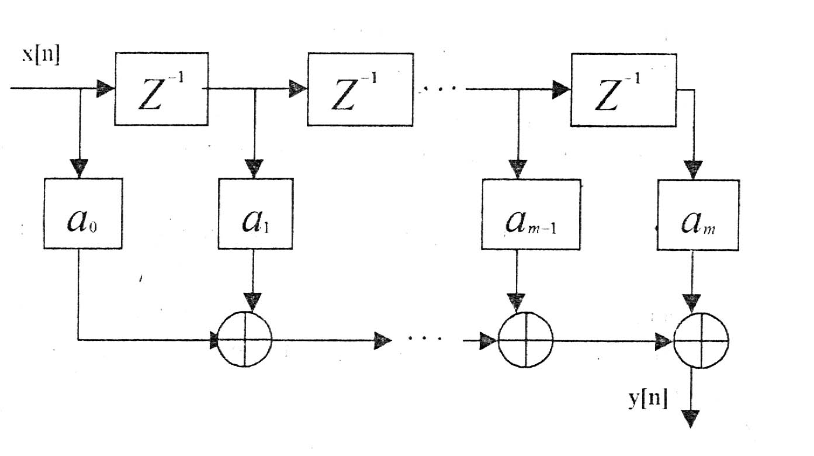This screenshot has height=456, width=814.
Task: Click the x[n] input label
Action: [x=41, y=57]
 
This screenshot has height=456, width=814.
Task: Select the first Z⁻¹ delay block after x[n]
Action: [x=161, y=89]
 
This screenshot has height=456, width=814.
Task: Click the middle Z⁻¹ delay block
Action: [x=360, y=89]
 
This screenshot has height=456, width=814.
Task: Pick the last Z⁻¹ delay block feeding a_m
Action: [x=624, y=89]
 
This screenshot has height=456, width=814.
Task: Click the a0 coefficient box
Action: [x=83, y=213]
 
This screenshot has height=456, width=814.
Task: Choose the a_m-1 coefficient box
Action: [x=531, y=214]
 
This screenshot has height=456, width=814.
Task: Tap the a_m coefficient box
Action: [x=698, y=214]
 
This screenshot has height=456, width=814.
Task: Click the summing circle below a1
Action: [x=244, y=340]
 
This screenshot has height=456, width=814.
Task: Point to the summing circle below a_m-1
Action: [x=525, y=340]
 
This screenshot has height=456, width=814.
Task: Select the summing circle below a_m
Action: [x=701, y=340]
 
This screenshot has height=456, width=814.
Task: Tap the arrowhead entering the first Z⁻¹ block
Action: [x=105, y=89]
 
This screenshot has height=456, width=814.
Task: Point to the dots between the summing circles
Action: [x=427, y=339]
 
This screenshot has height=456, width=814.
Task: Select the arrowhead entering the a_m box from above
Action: [x=694, y=170]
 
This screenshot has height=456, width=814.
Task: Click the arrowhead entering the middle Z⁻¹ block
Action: [x=298, y=89]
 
